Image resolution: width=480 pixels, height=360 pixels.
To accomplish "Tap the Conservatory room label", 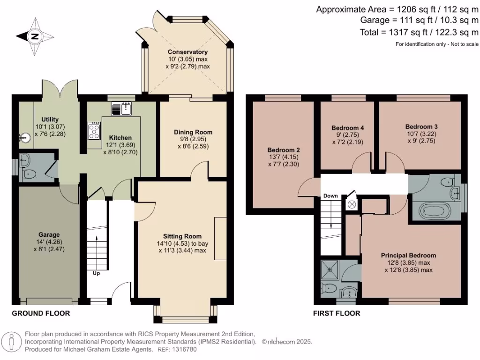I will pos(187,52).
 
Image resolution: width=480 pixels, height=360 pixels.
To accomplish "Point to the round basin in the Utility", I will pos(25,138).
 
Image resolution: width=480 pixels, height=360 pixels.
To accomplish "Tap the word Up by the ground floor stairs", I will pos(96,272).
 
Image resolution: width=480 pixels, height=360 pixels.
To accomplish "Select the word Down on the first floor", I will pos(330,195).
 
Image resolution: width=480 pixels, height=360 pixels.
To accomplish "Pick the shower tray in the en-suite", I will pos(331,270).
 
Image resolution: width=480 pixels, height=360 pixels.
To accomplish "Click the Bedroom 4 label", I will pos(347,128).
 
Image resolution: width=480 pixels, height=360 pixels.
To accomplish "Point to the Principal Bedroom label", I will pos(408,255).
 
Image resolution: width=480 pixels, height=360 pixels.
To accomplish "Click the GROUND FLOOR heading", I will pos(41,313).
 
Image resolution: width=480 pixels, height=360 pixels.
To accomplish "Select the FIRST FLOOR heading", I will pos(337,313).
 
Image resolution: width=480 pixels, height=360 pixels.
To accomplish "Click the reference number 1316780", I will pos(185,349).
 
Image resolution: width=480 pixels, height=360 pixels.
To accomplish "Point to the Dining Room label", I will pos(194,132).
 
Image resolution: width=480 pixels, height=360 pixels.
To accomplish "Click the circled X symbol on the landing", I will pos(351,205).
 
